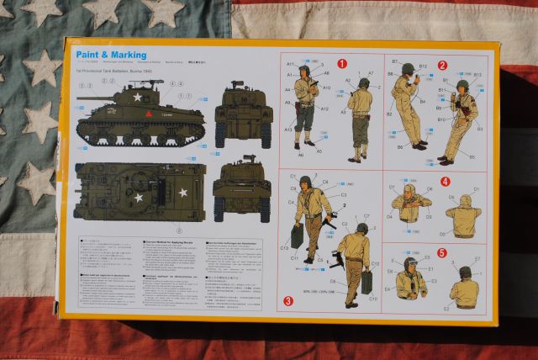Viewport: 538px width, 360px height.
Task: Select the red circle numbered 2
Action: (442, 65)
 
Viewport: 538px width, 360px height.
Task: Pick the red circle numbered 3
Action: (288, 300)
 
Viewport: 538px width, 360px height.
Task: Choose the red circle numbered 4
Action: (446, 181)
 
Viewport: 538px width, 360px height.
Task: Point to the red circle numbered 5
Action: (442, 251)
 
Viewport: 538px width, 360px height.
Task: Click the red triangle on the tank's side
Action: (147, 111)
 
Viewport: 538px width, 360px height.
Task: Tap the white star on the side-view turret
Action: (137, 97)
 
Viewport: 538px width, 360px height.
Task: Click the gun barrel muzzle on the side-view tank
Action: (78, 98)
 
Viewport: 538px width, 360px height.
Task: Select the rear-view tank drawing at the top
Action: (244, 114)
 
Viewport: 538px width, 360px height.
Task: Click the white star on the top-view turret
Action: (139, 198)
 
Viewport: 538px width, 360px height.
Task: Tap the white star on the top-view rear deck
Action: (182, 193)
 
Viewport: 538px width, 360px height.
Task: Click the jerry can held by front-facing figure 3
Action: (298, 236)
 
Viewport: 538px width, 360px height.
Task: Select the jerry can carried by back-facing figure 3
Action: (367, 281)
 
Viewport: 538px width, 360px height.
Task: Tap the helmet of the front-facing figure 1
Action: (304, 71)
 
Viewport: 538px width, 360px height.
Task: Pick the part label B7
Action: (394, 61)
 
